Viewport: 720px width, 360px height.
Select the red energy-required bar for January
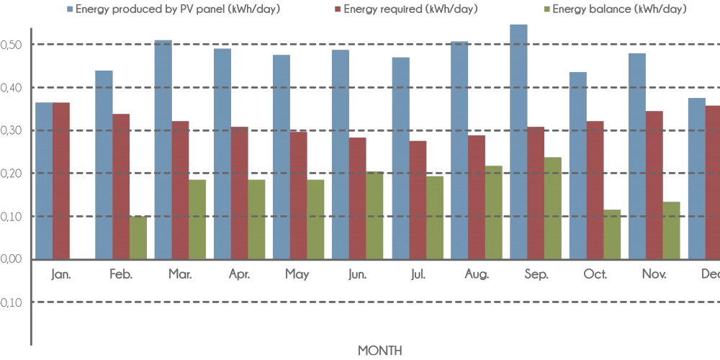61,181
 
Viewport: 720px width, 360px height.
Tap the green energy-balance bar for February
138,238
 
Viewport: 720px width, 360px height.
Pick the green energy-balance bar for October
612,235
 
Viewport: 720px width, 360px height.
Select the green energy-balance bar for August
493,212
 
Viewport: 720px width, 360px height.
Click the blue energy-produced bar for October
577,166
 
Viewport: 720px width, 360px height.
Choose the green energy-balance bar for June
374,215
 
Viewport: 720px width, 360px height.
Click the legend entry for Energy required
411,9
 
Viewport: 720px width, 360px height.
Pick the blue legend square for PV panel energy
70,9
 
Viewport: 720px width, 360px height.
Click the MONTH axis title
380,350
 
